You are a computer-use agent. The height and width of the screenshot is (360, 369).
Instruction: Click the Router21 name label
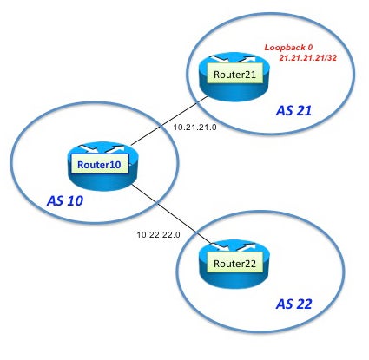click(234, 75)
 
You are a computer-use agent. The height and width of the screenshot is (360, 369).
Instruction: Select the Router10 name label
click(99, 165)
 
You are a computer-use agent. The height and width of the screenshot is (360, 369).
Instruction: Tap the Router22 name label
click(234, 263)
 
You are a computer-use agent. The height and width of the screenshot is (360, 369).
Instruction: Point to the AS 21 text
click(293, 111)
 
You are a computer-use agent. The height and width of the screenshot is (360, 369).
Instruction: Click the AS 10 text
click(65, 200)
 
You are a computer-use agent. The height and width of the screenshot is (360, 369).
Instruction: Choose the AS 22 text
click(293, 304)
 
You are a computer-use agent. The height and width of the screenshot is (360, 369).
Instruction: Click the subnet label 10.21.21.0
click(194, 127)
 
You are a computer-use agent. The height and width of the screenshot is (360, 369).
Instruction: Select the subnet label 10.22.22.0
click(158, 234)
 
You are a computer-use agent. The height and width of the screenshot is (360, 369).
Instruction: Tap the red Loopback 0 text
click(288, 48)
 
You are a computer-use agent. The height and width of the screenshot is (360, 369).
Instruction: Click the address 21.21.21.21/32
click(307, 58)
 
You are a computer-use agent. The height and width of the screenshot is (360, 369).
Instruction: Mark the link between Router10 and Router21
click(169, 121)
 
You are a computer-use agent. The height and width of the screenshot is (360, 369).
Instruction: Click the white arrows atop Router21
click(234, 59)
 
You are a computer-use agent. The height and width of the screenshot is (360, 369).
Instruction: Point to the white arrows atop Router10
click(102, 149)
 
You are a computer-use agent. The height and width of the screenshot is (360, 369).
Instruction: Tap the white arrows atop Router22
click(234, 247)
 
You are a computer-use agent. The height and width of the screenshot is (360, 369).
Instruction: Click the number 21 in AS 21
click(302, 111)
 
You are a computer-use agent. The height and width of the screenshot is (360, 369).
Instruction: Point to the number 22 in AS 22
click(302, 304)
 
